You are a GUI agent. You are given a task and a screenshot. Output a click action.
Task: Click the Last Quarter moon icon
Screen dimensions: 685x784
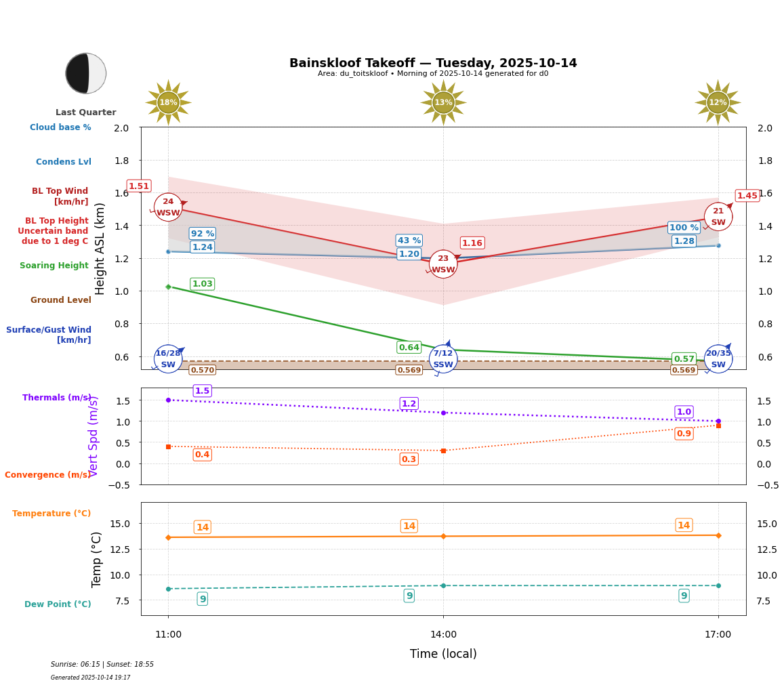tap(86, 73)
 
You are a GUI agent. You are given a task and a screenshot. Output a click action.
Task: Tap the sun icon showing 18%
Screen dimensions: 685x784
tap(168, 102)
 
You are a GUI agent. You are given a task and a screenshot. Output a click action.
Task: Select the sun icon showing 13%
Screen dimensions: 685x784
tap(443, 102)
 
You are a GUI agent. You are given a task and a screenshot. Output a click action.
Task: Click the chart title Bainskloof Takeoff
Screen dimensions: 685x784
tap(433, 63)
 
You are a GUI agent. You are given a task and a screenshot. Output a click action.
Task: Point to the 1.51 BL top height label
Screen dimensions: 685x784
tap(139, 186)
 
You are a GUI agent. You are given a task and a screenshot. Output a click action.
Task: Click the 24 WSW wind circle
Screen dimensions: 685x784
tap(168, 207)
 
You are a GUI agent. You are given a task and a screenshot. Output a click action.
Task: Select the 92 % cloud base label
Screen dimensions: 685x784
tap(203, 234)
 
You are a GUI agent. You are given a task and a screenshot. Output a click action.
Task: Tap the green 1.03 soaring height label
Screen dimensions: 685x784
tap(203, 284)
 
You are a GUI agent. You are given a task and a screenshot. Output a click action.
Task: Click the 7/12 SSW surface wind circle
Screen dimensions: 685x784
tap(443, 358)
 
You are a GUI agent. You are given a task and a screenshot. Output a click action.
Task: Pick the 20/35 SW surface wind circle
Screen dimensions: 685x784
tap(718, 358)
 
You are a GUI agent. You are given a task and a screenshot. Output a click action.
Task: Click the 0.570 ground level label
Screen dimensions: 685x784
tap(203, 370)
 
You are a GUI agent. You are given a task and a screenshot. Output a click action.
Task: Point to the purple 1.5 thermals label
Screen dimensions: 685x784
tap(203, 391)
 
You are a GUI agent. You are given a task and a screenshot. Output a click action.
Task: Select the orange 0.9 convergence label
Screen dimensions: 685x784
tap(684, 434)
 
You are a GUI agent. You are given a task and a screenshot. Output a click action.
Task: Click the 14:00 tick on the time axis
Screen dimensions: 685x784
tap(443, 635)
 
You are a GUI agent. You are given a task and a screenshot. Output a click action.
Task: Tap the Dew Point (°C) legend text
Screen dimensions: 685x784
tap(58, 604)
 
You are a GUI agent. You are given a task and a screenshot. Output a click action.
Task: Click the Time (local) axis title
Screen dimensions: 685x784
tap(443, 654)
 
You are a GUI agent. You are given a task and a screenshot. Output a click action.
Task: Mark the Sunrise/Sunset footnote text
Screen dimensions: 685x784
tap(102, 665)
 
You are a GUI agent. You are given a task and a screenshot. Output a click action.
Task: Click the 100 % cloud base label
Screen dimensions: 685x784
tap(684, 228)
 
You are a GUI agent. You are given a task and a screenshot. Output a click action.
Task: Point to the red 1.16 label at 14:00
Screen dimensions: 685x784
tap(472, 243)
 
